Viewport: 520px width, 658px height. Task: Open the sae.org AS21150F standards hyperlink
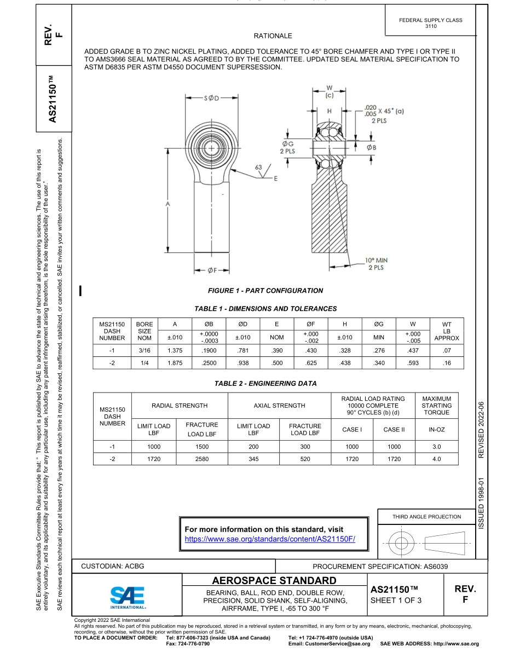click(x=270, y=539)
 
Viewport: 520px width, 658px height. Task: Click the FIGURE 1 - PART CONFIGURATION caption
click(x=265, y=291)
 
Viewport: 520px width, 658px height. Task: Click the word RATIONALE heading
click(x=273, y=36)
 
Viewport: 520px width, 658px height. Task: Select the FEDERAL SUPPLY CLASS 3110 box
click(x=431, y=23)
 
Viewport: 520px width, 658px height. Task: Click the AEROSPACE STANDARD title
click(x=274, y=580)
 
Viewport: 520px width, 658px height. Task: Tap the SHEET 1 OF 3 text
click(x=396, y=601)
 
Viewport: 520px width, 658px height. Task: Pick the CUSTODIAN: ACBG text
click(x=112, y=566)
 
